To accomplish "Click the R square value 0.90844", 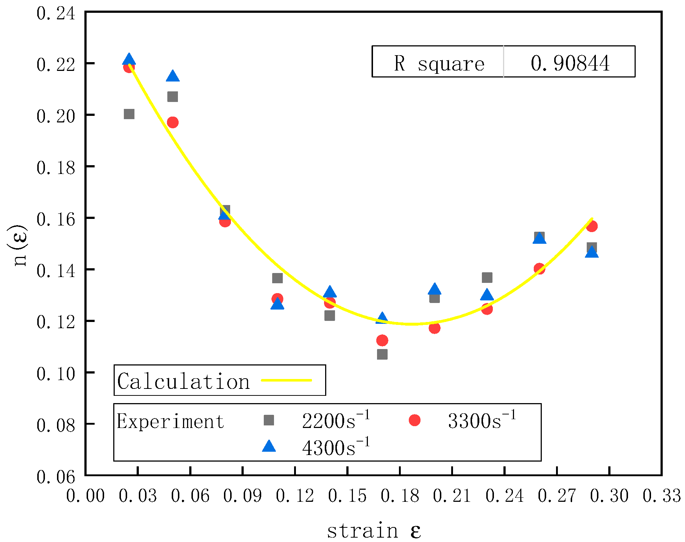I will [x=570, y=63].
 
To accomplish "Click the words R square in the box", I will [x=439, y=64].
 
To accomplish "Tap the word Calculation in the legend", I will [x=183, y=381].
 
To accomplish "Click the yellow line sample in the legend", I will [x=286, y=380].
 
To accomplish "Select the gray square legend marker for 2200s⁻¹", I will [x=269, y=420].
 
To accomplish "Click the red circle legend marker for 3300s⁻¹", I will [x=414, y=420].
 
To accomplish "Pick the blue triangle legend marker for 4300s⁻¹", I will [x=269, y=447].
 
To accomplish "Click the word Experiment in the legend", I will [x=170, y=421].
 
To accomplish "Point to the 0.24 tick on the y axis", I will [x=56, y=14].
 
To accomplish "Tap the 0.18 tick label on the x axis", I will [x=400, y=496].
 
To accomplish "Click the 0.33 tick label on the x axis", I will [x=662, y=496].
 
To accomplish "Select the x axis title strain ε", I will [x=374, y=530].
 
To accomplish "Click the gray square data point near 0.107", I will [x=382, y=354].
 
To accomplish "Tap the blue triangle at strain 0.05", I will [x=173, y=76].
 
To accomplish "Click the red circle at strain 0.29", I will [x=592, y=226].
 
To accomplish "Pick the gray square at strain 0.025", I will [x=129, y=114].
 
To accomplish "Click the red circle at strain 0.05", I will [x=172, y=122].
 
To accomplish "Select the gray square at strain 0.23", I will [x=487, y=277].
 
